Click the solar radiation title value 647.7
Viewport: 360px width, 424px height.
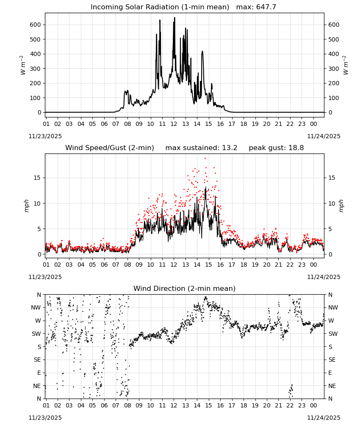[266, 7]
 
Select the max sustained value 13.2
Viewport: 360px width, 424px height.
[230, 148]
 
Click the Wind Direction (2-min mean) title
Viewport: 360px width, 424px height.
[185, 288]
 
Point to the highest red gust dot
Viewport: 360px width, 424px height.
[205, 158]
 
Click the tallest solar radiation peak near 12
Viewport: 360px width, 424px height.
[174, 17]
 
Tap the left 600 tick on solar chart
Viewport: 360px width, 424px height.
[35, 25]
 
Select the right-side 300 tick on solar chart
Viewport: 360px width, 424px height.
[334, 69]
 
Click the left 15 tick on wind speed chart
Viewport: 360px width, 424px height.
[37, 178]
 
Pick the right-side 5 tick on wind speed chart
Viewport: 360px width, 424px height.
[330, 229]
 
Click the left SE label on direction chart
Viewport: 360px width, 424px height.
[37, 360]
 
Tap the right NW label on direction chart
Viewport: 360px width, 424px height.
[333, 307]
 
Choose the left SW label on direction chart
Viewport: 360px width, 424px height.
[36, 334]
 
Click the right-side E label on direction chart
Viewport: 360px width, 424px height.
[330, 373]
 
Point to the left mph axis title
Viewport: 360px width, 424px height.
[26, 206]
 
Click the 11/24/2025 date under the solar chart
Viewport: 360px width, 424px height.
[324, 136]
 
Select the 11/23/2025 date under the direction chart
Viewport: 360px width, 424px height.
[45, 418]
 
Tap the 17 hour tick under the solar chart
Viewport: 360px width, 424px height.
[232, 124]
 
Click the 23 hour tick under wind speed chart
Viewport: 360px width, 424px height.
[302, 265]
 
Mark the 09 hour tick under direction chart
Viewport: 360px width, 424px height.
[139, 406]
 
